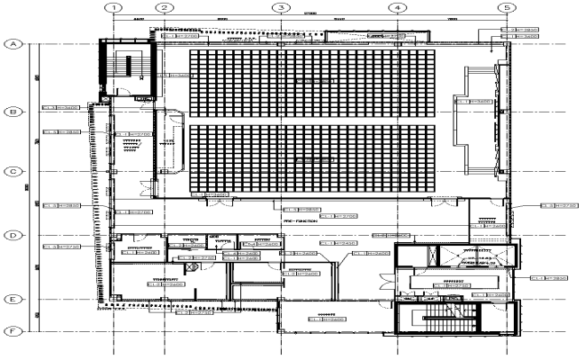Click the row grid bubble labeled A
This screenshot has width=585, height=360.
[14, 44]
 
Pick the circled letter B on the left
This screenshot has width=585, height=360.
[14, 112]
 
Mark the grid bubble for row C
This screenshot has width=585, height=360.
[14, 172]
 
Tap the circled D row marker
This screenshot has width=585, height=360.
[14, 236]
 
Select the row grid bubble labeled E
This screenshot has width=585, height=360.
[14, 299]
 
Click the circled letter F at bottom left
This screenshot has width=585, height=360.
[14, 330]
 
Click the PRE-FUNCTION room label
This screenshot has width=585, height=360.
[299, 221]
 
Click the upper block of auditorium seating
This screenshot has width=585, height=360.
[312, 83]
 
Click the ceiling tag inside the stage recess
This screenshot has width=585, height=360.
[473, 102]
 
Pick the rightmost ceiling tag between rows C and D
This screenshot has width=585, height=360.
[558, 206]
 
